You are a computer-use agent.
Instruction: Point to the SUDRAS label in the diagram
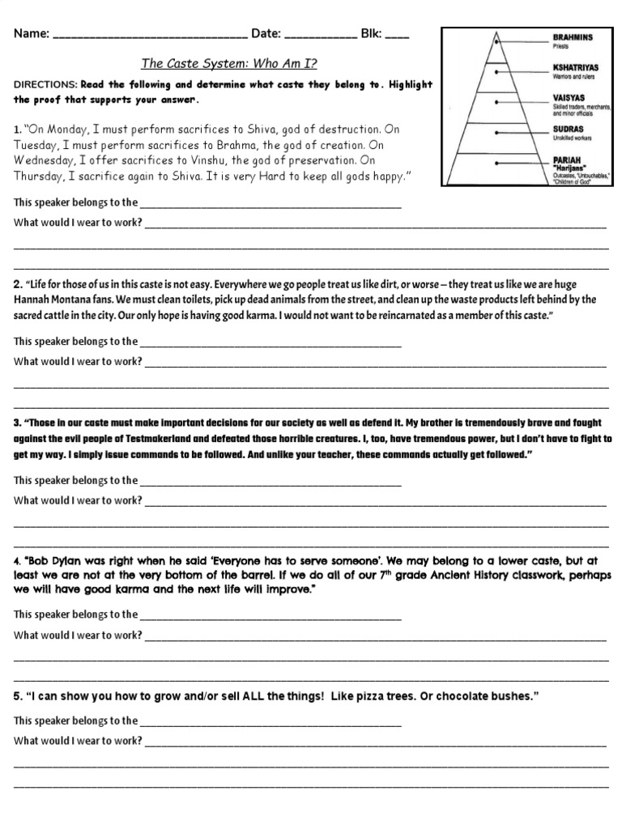(x=569, y=128)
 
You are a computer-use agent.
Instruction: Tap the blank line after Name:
(x=150, y=36)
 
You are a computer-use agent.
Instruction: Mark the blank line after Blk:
(x=397, y=36)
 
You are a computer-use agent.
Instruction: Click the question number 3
(x=17, y=423)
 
